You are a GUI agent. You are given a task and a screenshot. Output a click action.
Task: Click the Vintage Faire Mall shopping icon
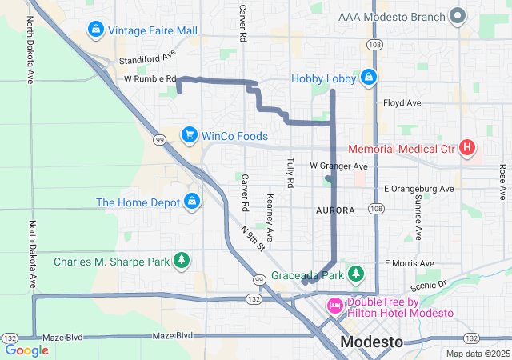[x=96, y=30]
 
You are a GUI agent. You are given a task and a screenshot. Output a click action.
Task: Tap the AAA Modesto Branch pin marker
[x=458, y=15]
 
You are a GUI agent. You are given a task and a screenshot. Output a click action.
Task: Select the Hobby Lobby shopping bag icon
[x=368, y=78]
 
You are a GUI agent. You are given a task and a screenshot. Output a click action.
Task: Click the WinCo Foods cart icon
[x=190, y=135]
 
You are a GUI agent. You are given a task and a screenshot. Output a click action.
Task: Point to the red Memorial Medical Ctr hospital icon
[x=467, y=148]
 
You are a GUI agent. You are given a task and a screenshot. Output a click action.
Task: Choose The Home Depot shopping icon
[x=192, y=202]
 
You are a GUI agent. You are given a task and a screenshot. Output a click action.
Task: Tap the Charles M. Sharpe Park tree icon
[x=183, y=261]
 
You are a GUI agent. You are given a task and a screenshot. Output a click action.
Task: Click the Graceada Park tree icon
[x=357, y=275]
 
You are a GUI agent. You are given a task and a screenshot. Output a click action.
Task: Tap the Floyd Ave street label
[x=402, y=103]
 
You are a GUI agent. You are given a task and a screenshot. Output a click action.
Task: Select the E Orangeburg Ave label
[x=418, y=189]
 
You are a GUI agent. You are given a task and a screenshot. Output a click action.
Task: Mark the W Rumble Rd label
[x=150, y=79]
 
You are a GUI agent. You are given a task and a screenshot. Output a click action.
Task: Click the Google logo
[x=26, y=350]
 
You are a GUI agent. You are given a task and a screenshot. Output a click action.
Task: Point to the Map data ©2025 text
[x=477, y=354]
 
